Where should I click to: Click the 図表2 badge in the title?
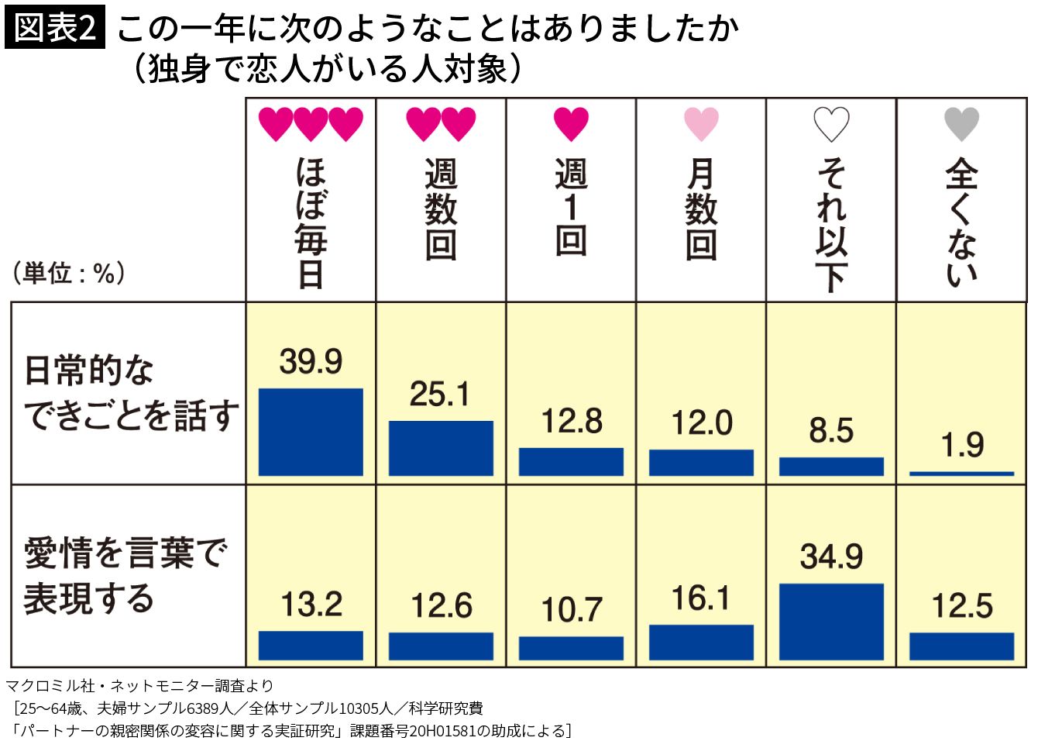[x=55, y=29]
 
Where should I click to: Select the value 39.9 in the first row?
[x=311, y=362]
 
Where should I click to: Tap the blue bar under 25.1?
[x=441, y=448]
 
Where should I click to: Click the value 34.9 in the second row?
[x=831, y=557]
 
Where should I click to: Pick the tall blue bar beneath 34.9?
[x=831, y=622]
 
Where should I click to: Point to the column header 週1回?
[x=571, y=208]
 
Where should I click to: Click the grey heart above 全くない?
[x=961, y=124]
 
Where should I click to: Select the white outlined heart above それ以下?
[x=831, y=124]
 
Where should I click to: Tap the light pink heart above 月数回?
[x=701, y=124]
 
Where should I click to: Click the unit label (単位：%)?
[x=68, y=273]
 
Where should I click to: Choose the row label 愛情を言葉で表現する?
[x=124, y=575]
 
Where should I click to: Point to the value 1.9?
[x=962, y=446]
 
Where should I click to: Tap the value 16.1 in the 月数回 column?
[x=701, y=598]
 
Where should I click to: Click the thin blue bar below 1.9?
[x=961, y=473]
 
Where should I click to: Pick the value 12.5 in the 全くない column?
[x=962, y=606]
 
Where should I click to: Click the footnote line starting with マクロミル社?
[x=139, y=686]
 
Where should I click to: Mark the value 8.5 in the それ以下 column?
[x=831, y=431]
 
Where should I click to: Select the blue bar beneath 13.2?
[x=311, y=646]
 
